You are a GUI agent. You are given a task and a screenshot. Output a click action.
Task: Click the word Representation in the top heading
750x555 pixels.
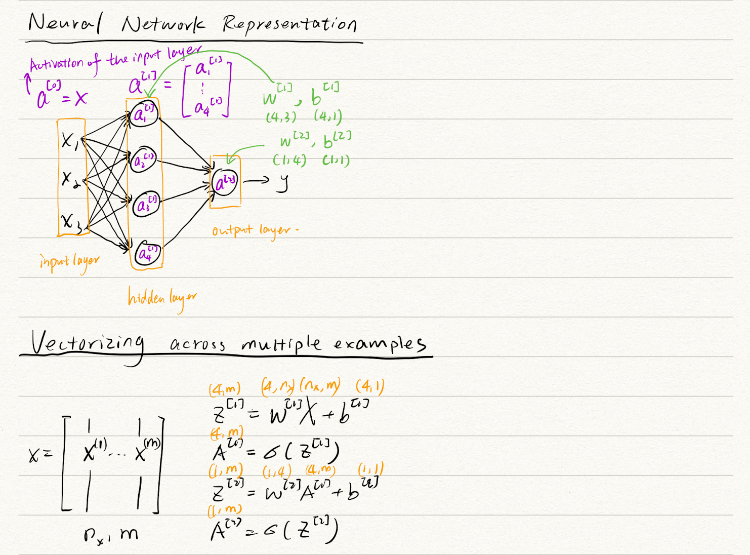289,24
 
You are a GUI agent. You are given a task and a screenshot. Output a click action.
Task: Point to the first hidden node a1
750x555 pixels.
144,114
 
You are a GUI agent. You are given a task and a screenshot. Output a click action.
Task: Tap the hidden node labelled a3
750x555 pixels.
146,204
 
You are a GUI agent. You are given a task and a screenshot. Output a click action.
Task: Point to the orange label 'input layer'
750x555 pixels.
69,262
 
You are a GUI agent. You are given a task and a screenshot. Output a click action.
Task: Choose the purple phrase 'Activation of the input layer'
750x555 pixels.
114,60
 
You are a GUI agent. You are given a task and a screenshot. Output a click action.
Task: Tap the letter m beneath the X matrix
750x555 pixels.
129,534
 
